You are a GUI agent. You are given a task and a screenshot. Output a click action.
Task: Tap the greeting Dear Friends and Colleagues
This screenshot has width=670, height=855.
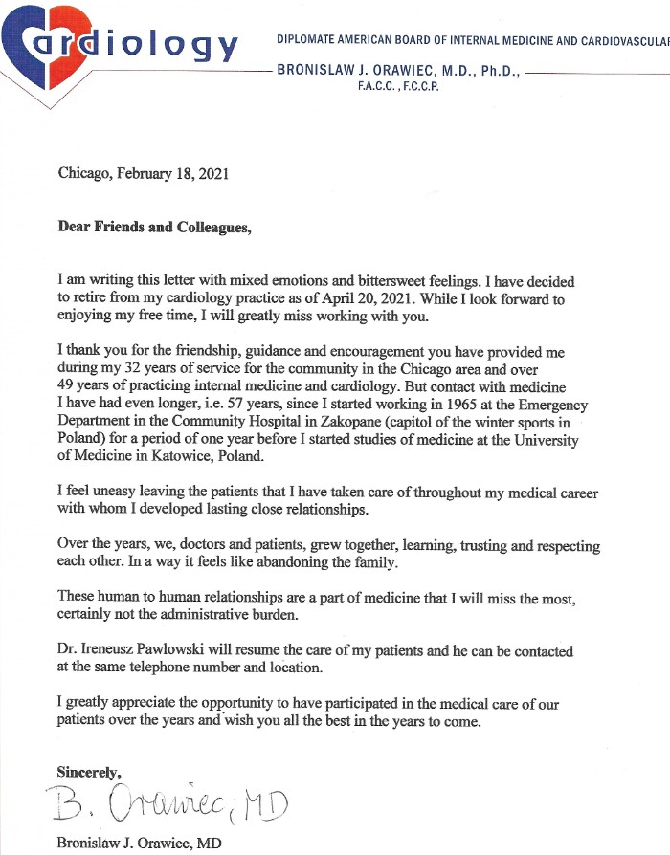pyautogui.click(x=154, y=228)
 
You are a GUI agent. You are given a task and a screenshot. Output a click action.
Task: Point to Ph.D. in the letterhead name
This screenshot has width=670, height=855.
pyautogui.click(x=494, y=70)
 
